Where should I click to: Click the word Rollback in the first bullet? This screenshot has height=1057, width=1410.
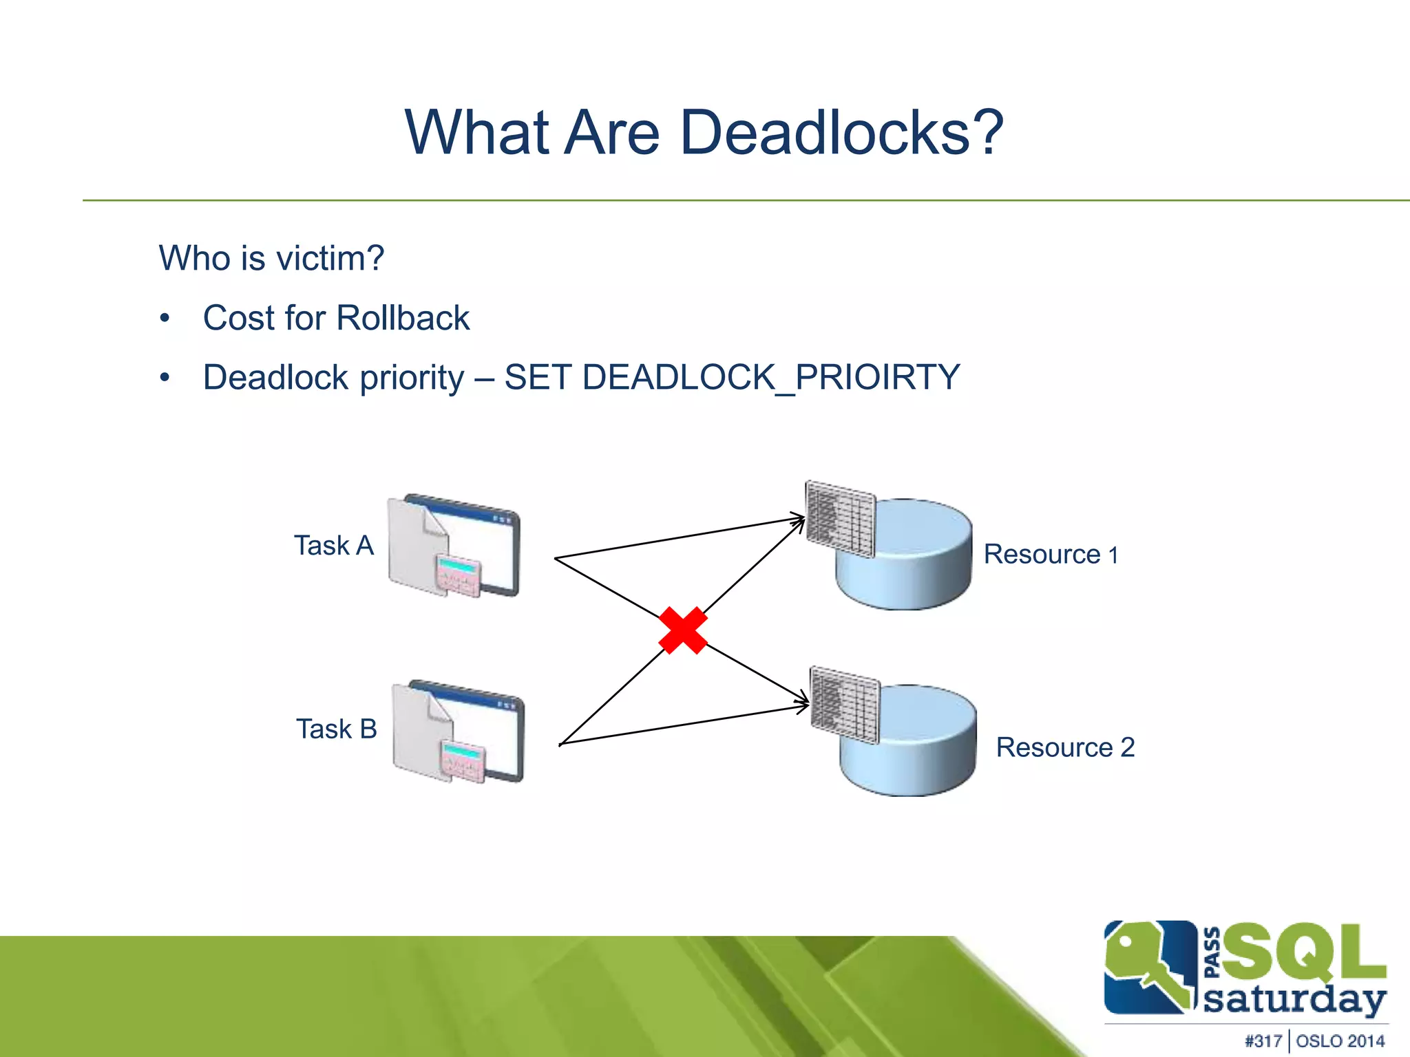tap(403, 319)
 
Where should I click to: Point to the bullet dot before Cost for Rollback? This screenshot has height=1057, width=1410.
tap(165, 319)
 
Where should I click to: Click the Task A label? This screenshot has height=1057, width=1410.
tap(334, 546)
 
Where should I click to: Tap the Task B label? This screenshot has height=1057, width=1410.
tap(337, 729)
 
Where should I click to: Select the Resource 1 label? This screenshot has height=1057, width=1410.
tap(1051, 554)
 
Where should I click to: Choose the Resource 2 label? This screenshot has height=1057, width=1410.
tap(1065, 747)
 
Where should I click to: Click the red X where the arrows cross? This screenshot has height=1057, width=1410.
tap(682, 630)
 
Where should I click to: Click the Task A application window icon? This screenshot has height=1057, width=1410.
tap(454, 545)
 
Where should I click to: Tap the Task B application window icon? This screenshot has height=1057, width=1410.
tap(459, 731)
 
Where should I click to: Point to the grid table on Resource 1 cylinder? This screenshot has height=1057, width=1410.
tap(840, 518)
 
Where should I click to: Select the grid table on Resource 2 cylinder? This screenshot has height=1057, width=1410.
tap(845, 705)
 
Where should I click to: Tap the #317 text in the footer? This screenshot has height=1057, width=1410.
tap(1263, 1041)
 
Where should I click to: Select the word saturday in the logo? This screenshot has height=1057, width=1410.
tap(1294, 1000)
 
